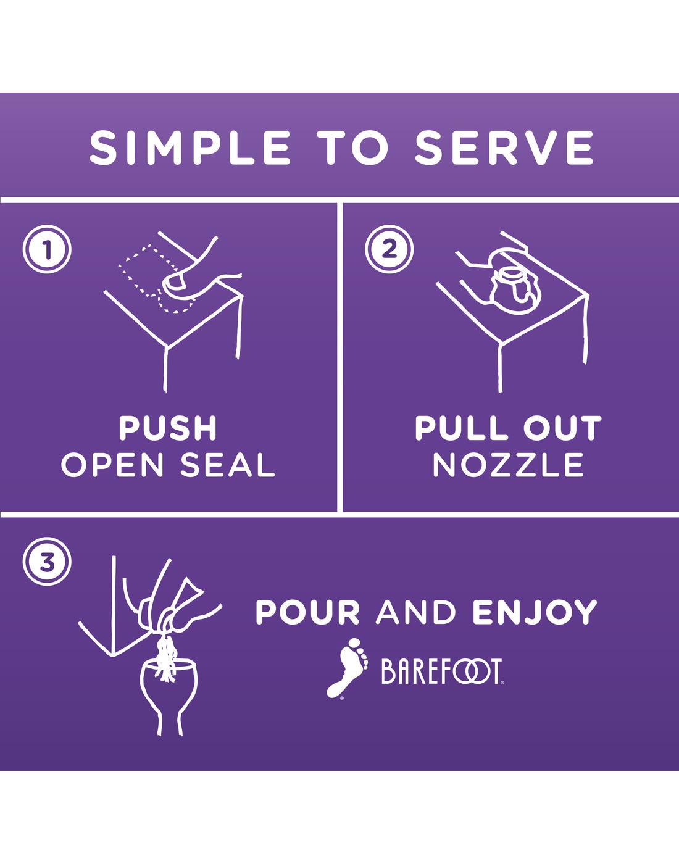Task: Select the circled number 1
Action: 47,249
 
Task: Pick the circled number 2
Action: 389,249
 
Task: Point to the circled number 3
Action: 47,562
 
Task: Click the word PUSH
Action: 168,428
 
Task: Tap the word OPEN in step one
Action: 112,465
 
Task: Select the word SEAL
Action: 228,465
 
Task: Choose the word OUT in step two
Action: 562,428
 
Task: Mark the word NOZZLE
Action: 509,465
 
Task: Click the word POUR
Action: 308,612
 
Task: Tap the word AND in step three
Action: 416,612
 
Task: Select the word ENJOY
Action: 535,612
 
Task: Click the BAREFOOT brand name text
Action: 443,672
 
